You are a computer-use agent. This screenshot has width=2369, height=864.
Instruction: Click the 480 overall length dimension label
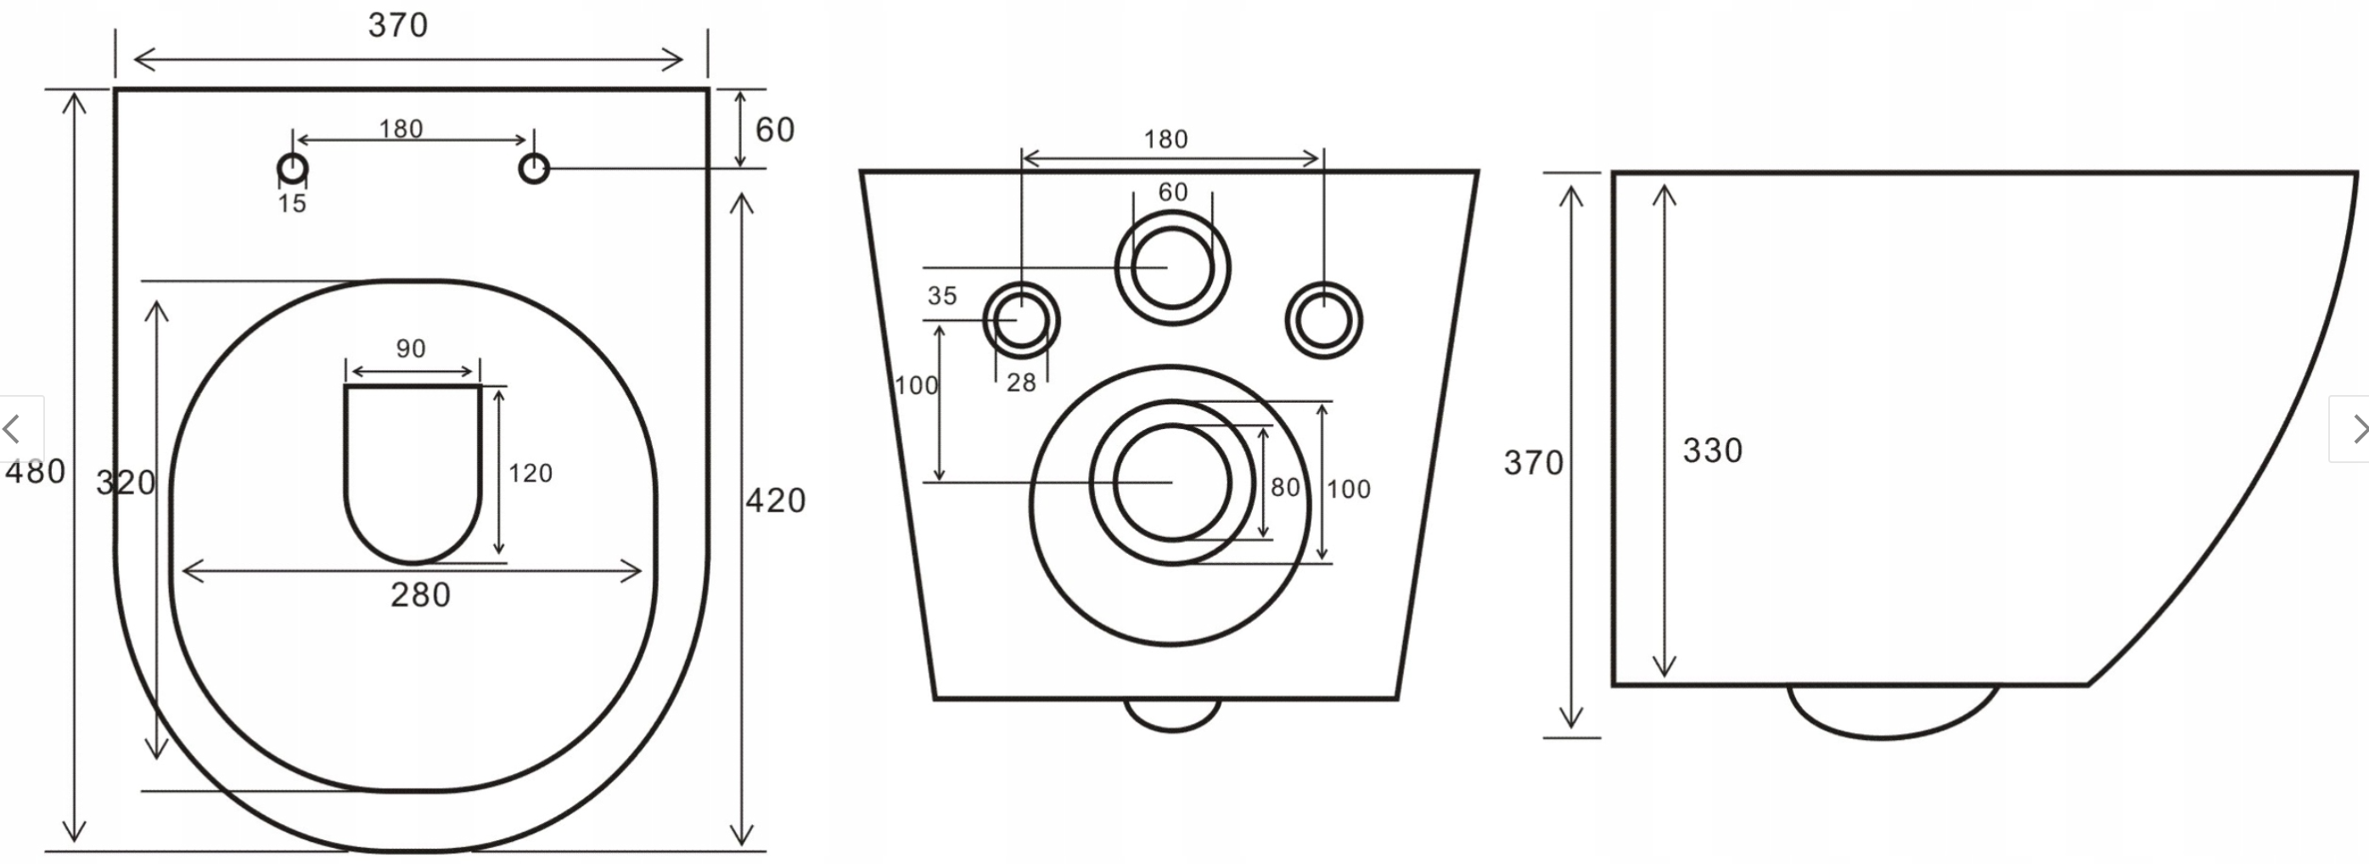(x=35, y=472)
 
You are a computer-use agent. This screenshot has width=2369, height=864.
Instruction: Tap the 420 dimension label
(x=775, y=500)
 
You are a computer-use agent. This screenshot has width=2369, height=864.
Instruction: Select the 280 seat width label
(x=420, y=596)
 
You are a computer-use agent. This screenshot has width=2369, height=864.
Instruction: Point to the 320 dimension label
(x=126, y=483)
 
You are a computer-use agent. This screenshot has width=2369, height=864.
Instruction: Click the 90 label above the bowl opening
(x=411, y=348)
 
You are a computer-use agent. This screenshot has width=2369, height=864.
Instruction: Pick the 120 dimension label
(x=530, y=473)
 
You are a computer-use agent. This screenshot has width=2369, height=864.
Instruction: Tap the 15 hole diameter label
(x=293, y=204)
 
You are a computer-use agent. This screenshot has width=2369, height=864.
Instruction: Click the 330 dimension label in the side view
(x=1712, y=451)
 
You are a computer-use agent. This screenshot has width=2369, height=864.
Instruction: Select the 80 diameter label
(x=1285, y=488)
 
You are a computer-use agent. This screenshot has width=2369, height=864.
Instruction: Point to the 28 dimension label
(x=1021, y=383)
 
